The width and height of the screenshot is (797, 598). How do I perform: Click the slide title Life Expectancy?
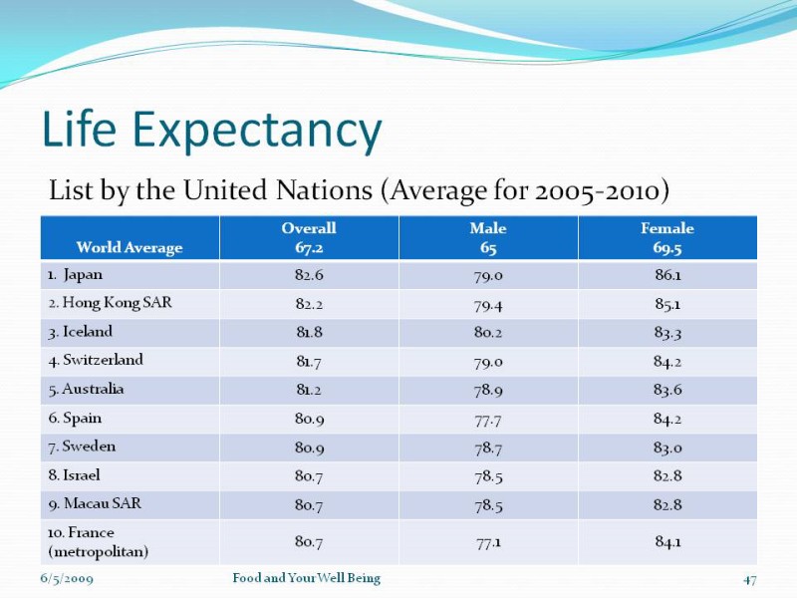pos(211,131)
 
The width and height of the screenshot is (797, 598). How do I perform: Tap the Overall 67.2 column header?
pos(309,238)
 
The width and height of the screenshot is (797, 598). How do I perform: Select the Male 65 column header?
pos(488,238)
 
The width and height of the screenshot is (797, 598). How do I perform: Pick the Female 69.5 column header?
pos(667,238)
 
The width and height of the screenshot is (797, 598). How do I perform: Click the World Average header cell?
pos(130,247)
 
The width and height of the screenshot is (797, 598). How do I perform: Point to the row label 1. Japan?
pos(75,274)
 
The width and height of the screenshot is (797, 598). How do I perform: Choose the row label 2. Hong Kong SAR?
pos(109,302)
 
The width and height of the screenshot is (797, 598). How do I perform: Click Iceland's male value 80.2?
pos(488,332)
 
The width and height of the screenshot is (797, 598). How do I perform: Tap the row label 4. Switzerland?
pos(96,360)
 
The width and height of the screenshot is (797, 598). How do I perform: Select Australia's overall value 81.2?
pos(309,390)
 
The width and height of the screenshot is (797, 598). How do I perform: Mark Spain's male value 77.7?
pos(488,419)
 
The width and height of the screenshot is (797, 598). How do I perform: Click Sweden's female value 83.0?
pos(667,448)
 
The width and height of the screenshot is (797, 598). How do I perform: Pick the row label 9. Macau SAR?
pos(95,504)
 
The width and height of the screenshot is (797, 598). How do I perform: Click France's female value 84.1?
pos(667,542)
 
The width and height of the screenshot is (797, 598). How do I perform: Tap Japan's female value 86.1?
pos(667,274)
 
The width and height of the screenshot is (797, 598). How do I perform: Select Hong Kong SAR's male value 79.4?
pos(488,303)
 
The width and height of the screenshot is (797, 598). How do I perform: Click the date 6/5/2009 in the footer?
pos(67,579)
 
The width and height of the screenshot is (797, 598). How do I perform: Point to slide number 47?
pos(750,579)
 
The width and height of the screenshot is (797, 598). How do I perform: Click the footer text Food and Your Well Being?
pos(306,578)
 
